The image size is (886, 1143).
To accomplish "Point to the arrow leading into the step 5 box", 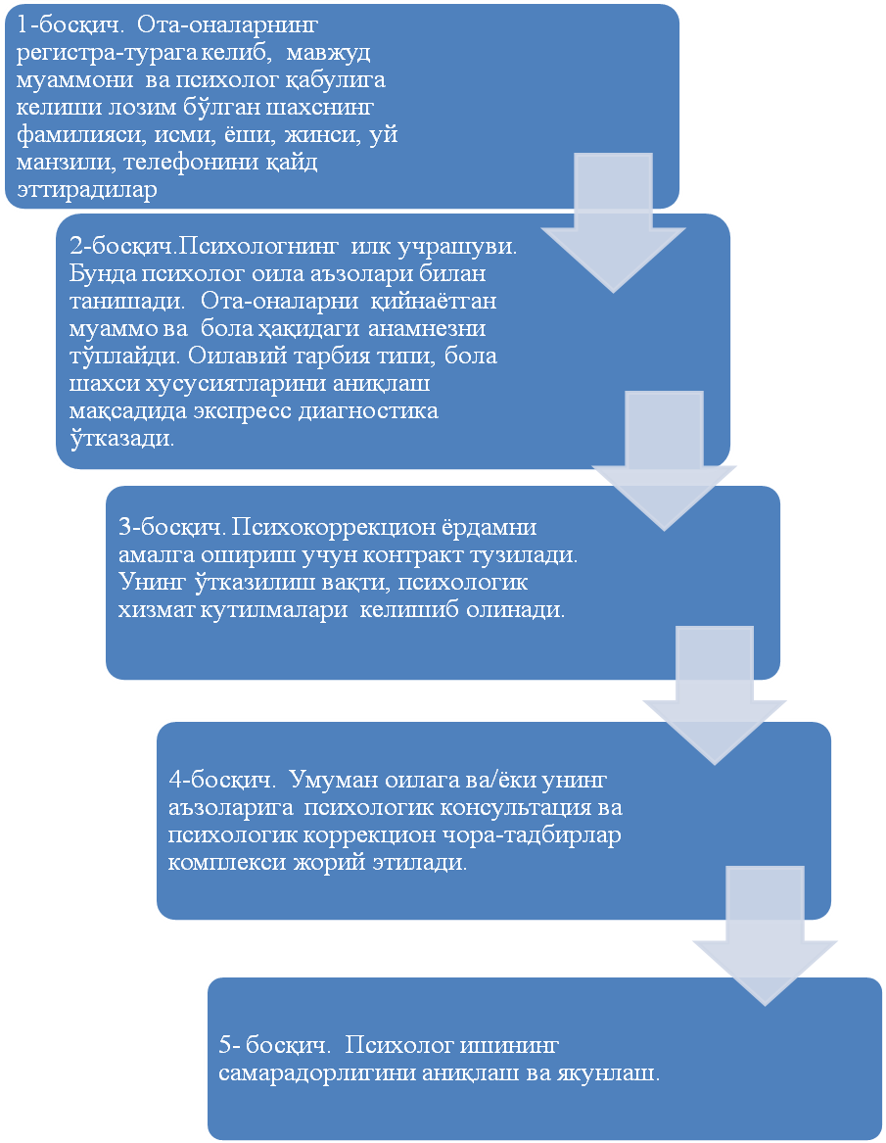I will click(x=765, y=941).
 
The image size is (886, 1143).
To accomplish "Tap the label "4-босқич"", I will click(x=215, y=782).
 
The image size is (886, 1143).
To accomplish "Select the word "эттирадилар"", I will click(x=86, y=190).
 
